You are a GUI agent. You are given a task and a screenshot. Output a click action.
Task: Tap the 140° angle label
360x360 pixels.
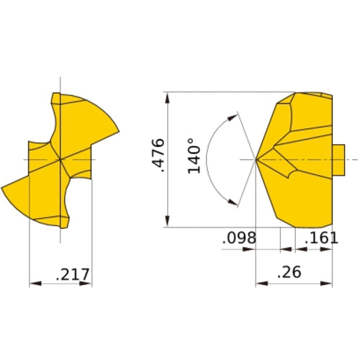point(194,156)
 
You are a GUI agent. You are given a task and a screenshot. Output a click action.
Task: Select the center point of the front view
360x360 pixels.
point(60,158)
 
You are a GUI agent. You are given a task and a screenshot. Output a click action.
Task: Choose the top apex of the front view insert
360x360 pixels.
point(54,94)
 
